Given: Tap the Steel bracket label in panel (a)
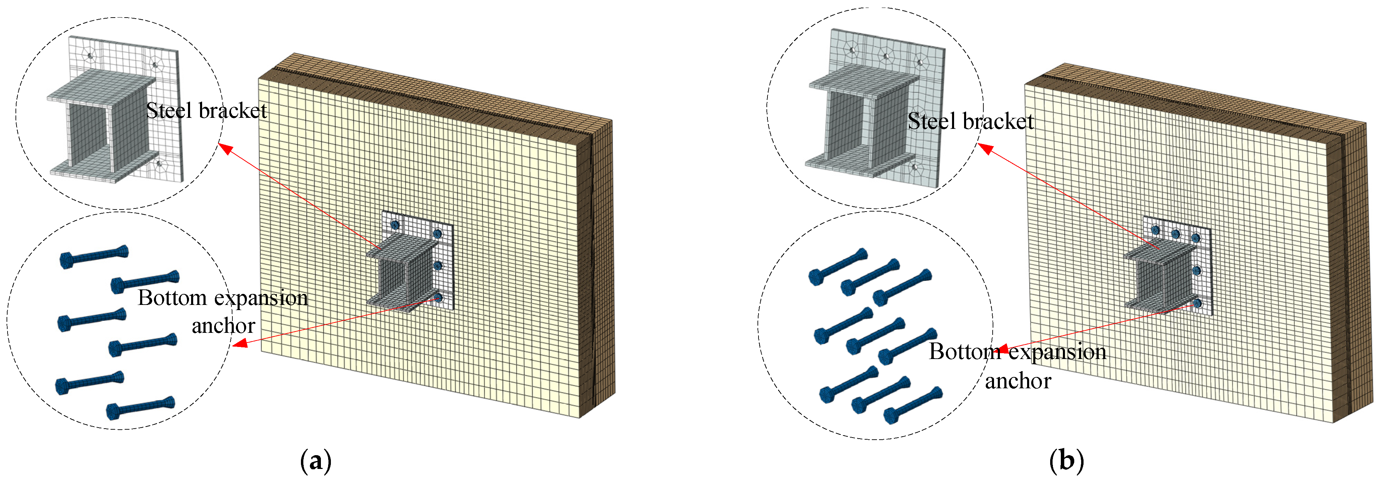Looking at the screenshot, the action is pos(206,111).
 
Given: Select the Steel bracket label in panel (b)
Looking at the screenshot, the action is pos(970,121).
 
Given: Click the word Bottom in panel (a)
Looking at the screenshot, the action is pos(172,298).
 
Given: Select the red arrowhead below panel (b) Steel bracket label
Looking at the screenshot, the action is pos(986,148).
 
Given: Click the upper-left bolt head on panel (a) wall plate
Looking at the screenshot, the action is pos(395,225).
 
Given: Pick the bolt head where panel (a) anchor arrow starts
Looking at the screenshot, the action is pos(438,297).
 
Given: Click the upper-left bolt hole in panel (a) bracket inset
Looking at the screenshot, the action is pos(91,55).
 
